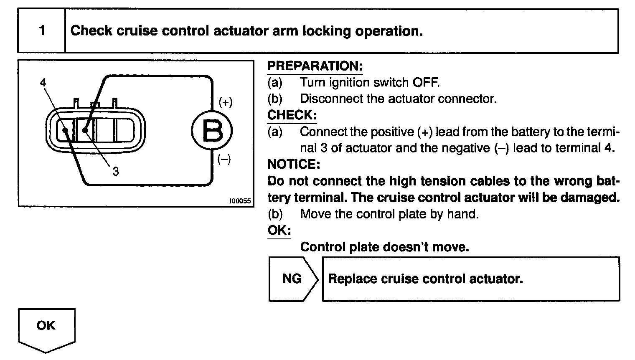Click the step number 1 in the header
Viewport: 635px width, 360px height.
tap(42, 31)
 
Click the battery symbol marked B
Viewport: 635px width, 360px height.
tap(212, 131)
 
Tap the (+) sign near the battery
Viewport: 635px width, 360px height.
tap(225, 103)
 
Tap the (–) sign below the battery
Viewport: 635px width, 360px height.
tap(224, 160)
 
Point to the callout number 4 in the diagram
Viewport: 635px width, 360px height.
tap(43, 82)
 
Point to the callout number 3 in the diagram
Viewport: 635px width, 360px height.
tap(116, 171)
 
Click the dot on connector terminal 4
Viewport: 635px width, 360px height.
tap(65, 130)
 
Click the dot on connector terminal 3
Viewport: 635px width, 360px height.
tap(85, 130)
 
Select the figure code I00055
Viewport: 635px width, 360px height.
tap(241, 201)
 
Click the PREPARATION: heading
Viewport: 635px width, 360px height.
tap(315, 66)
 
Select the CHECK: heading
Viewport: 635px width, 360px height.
tap(292, 115)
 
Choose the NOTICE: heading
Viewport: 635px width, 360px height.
tap(294, 164)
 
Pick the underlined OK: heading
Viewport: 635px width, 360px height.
tap(279, 230)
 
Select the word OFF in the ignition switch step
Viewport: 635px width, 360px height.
tap(426, 82)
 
